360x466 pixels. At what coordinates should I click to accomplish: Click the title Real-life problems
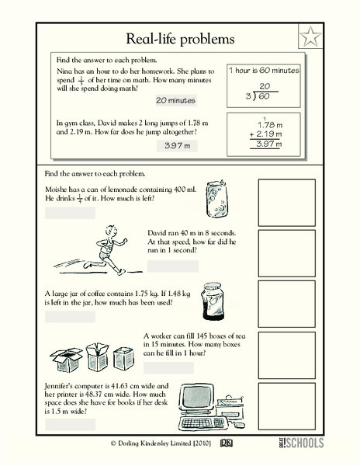click(181, 38)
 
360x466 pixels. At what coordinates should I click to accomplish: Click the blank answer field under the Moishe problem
click(70, 213)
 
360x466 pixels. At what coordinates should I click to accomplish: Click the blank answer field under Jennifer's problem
click(70, 424)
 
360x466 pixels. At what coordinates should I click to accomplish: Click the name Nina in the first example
click(65, 69)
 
